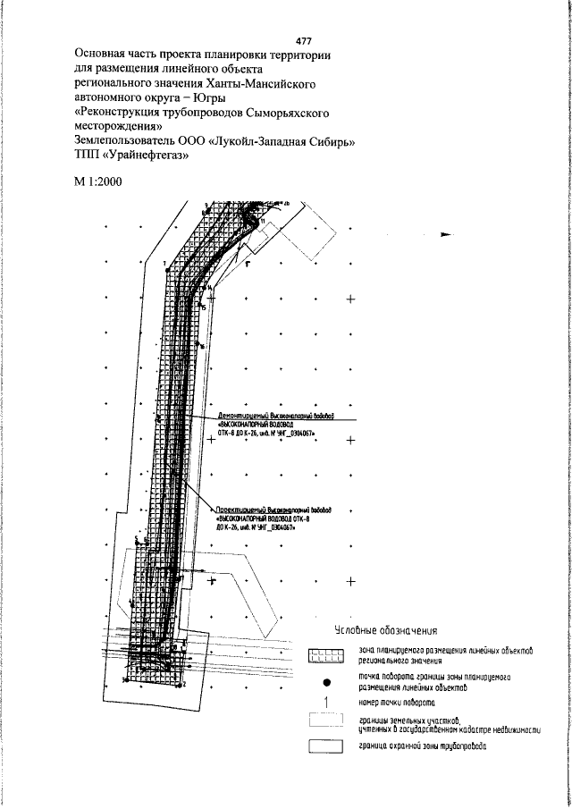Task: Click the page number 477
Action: coord(303,41)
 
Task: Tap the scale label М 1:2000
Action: coord(98,182)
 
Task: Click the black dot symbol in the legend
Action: coord(327,682)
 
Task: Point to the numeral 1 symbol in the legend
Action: coord(327,703)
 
